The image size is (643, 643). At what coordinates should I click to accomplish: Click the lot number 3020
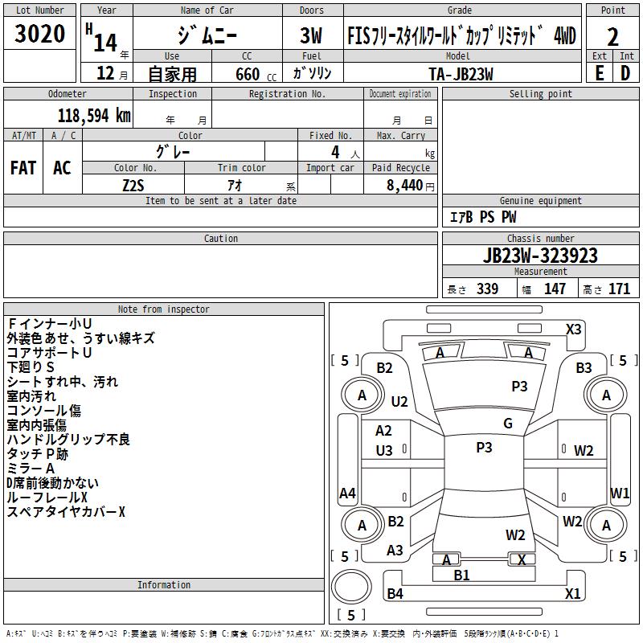pyautogui.click(x=39, y=33)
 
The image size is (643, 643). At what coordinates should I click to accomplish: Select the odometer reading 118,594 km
pyautogui.click(x=94, y=116)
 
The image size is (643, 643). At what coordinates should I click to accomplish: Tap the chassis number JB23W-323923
pyautogui.click(x=540, y=256)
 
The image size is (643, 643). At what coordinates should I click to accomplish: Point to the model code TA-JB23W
pyautogui.click(x=461, y=74)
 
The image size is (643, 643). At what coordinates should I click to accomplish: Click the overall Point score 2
pyautogui.click(x=612, y=37)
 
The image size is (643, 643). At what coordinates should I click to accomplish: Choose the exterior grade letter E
pyautogui.click(x=599, y=73)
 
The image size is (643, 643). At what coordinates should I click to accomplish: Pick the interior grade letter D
pyautogui.click(x=625, y=73)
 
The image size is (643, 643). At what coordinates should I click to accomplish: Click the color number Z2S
pyautogui.click(x=133, y=186)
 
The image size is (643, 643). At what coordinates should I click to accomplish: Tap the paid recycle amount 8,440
pyautogui.click(x=404, y=186)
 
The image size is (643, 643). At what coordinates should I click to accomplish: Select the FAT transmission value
pyautogui.click(x=23, y=168)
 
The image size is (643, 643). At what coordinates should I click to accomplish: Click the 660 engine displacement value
pyautogui.click(x=248, y=74)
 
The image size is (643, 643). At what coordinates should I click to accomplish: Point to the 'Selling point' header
pyautogui.click(x=540, y=94)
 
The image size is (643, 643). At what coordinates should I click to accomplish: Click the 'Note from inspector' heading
pyautogui.click(x=164, y=309)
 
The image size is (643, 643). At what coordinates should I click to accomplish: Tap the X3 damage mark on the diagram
pyautogui.click(x=573, y=330)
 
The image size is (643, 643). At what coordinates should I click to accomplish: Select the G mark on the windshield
pyautogui.click(x=508, y=423)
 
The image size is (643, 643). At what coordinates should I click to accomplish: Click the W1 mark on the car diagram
pyautogui.click(x=619, y=493)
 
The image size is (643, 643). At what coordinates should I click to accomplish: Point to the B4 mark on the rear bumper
pyautogui.click(x=395, y=593)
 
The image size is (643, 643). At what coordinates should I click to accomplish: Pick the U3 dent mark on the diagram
pyautogui.click(x=384, y=451)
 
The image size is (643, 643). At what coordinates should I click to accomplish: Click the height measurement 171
pyautogui.click(x=619, y=289)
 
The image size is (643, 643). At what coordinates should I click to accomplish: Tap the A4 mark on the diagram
pyautogui.click(x=347, y=493)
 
